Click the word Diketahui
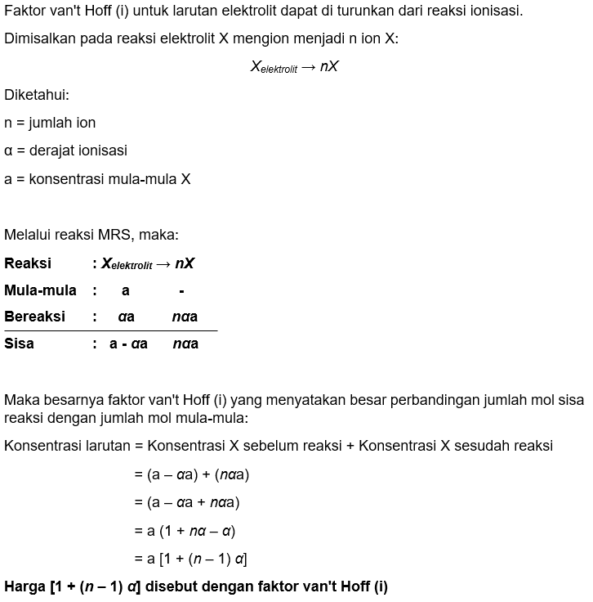pos(36,95)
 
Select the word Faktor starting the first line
pos(26,11)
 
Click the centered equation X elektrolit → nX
pos(294,67)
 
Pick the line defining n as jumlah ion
pos(50,123)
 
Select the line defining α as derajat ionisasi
pos(65,150)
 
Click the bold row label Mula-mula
pos(40,290)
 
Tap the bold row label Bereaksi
pos(34,317)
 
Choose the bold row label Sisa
pos(19,344)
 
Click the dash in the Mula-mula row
pos(181,291)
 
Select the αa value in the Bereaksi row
pos(126,317)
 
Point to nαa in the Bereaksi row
pos(185,317)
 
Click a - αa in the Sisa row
pos(128,344)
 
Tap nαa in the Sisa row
pos(185,344)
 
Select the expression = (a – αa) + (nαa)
pos(192,474)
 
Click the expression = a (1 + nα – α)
pos(185,531)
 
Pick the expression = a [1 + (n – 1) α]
pos(190,559)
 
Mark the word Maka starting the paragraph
pos(21,401)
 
